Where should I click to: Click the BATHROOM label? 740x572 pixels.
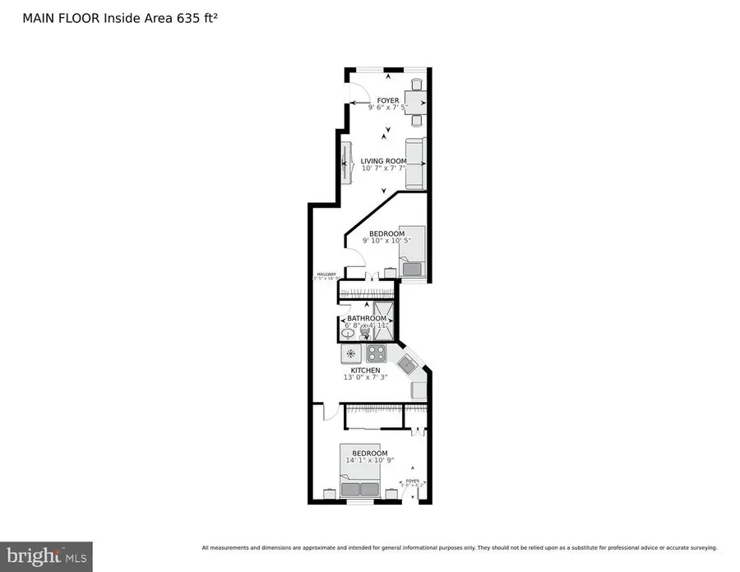pyautogui.click(x=367, y=318)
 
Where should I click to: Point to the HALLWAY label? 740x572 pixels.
pyautogui.click(x=326, y=274)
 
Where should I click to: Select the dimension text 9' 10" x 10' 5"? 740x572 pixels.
pyautogui.click(x=386, y=241)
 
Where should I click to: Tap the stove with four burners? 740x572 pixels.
pyautogui.click(x=376, y=354)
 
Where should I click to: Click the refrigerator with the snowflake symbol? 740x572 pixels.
pyautogui.click(x=351, y=354)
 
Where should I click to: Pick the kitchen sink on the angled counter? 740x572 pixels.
pyautogui.click(x=408, y=362)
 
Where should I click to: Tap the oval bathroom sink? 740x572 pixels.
pyautogui.click(x=345, y=332)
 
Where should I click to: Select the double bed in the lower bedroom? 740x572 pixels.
pyautogui.click(x=362, y=472)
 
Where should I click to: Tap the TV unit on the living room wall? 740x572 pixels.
pyautogui.click(x=345, y=164)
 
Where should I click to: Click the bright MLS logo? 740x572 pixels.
pyautogui.click(x=46, y=556)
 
